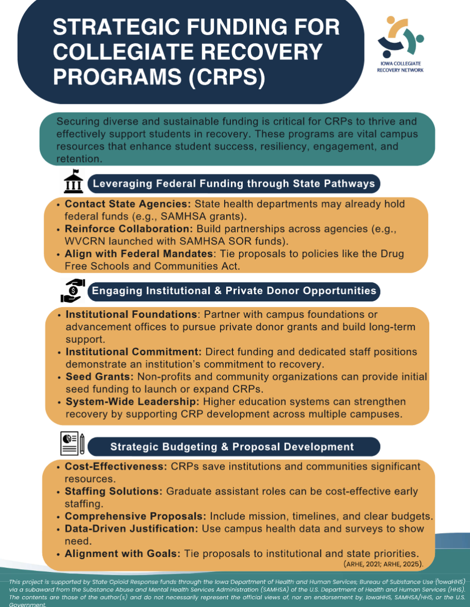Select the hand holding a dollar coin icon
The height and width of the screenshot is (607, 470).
click(x=73, y=291)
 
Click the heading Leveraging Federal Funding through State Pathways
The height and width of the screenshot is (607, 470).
click(x=234, y=184)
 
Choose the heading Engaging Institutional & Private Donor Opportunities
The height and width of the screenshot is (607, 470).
click(x=234, y=291)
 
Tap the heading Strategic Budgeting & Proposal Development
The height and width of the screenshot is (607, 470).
click(x=232, y=447)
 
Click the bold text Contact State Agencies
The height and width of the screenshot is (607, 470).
click(x=128, y=204)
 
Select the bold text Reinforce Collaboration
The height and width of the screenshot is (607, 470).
click(x=129, y=229)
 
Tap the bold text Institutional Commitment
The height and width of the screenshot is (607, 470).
click(x=134, y=352)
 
